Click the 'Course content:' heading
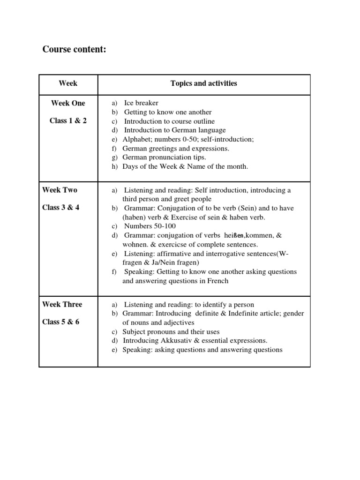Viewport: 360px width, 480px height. (x=75, y=49)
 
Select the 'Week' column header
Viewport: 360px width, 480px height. (x=68, y=83)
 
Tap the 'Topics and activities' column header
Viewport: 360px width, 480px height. (x=203, y=83)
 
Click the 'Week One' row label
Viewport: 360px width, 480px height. (x=68, y=103)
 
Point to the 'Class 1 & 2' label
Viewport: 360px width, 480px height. (x=68, y=120)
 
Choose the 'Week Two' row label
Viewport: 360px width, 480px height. (x=60, y=190)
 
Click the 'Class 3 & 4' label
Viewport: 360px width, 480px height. (x=61, y=207)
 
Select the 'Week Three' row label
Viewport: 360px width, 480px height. (x=62, y=304)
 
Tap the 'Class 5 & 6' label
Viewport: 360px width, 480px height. (x=61, y=322)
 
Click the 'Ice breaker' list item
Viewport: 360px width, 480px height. (x=141, y=103)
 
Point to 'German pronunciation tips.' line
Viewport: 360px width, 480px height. (x=164, y=157)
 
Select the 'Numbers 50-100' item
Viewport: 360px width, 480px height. (x=150, y=226)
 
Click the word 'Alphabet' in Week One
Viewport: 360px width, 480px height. (x=135, y=139)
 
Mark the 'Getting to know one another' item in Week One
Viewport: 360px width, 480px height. (x=168, y=112)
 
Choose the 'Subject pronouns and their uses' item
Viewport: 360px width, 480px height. (x=171, y=331)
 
